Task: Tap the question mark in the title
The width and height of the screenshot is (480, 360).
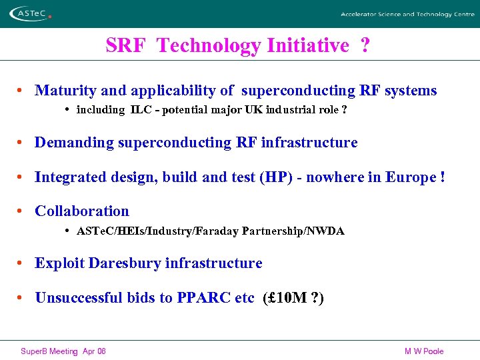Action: tap(365, 46)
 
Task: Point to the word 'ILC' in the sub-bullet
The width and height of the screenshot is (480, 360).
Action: tap(141, 109)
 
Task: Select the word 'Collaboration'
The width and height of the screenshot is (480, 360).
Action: tap(82, 211)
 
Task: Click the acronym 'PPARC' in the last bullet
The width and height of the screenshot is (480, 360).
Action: tap(204, 298)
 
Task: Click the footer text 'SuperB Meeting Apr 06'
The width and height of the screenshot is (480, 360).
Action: tap(63, 351)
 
